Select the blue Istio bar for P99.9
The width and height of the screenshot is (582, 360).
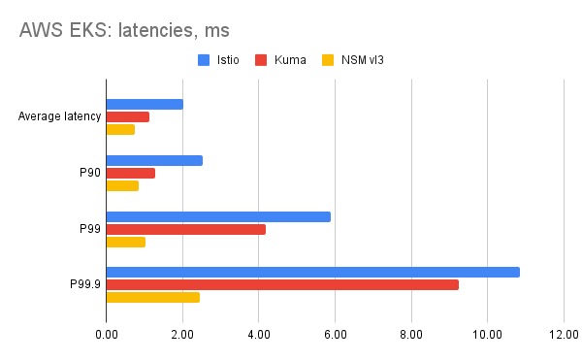click(x=312, y=272)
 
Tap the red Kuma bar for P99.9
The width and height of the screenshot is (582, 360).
click(x=282, y=284)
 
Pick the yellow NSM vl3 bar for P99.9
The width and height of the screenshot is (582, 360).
click(x=152, y=297)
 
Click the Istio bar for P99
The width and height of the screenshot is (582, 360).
click(x=218, y=216)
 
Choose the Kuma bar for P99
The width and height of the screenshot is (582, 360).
click(x=185, y=229)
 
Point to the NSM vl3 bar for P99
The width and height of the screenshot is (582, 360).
click(x=125, y=242)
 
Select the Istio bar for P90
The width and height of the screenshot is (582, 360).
click(x=154, y=160)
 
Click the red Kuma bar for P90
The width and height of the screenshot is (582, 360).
click(x=130, y=173)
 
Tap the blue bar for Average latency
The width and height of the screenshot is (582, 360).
click(x=145, y=104)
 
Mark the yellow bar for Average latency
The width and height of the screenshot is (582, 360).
click(x=120, y=129)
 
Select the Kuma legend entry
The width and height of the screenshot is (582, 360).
click(x=282, y=60)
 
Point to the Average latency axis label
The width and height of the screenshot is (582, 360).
click(x=60, y=117)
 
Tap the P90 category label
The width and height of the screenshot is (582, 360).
click(x=89, y=173)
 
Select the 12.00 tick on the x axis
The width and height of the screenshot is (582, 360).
click(x=564, y=335)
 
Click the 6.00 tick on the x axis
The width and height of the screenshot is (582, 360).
click(x=335, y=335)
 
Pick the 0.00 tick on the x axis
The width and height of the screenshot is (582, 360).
click(x=106, y=335)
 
